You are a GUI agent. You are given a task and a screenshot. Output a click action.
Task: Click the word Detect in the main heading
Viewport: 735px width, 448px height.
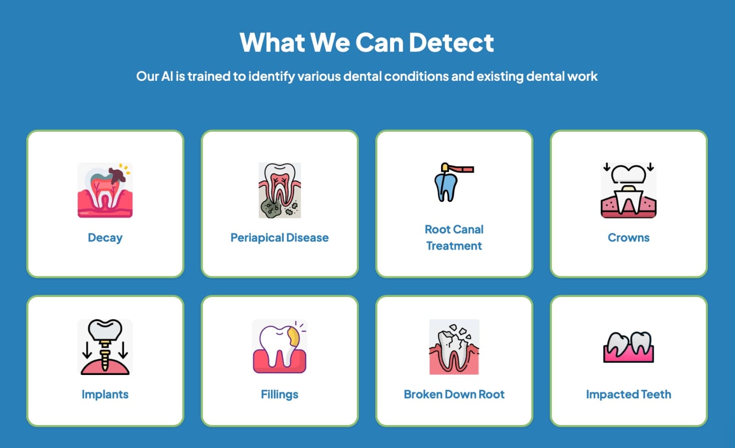(451, 42)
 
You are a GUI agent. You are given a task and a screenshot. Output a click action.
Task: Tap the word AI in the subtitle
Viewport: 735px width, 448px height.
(167, 76)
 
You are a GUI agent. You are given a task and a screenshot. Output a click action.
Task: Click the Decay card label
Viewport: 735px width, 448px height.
(105, 238)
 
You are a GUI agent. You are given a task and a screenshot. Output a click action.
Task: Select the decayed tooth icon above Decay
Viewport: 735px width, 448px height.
(105, 190)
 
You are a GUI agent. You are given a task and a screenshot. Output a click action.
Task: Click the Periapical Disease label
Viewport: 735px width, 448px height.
(280, 237)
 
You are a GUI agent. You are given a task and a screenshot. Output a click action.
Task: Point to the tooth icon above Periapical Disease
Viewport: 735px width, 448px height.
(280, 190)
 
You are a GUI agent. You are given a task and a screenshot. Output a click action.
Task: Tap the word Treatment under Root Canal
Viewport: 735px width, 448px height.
(454, 246)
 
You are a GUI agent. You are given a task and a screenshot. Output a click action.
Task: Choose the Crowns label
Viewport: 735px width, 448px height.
(628, 237)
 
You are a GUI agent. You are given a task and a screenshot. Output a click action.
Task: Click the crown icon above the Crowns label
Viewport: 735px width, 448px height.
(629, 190)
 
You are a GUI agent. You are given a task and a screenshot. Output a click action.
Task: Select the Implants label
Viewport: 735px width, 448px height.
(105, 394)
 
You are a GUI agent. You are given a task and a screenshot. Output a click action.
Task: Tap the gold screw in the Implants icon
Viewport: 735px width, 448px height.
(105, 356)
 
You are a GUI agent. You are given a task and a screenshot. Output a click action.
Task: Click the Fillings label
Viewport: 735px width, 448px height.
(280, 394)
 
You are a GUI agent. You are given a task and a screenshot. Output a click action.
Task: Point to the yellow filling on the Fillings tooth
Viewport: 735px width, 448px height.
(293, 337)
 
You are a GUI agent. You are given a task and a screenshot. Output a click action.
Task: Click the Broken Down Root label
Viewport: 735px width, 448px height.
(454, 394)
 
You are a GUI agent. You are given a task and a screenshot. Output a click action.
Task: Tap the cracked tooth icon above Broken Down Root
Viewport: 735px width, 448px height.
(454, 347)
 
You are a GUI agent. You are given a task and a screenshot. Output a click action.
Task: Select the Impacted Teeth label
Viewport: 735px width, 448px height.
(629, 394)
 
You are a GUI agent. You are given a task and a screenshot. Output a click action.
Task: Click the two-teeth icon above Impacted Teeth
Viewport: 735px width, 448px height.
(629, 347)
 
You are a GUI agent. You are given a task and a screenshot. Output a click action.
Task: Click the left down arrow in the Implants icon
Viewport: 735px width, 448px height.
(87, 350)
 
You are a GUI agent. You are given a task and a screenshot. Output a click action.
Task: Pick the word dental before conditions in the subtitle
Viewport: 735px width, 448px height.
(362, 76)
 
